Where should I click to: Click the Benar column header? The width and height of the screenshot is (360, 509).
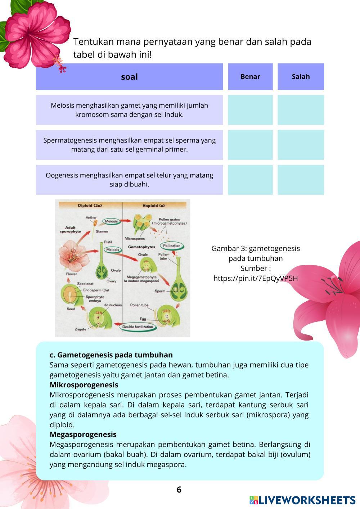click(x=250, y=77)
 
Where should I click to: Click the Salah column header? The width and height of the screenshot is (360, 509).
click(x=301, y=77)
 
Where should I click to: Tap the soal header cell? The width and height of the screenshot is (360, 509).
click(x=129, y=77)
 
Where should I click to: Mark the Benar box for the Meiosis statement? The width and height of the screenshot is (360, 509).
click(x=250, y=110)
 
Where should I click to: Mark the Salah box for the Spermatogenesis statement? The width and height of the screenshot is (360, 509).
click(x=301, y=145)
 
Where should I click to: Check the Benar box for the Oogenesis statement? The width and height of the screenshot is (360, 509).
click(x=250, y=180)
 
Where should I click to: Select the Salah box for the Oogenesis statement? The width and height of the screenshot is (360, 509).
click(x=301, y=180)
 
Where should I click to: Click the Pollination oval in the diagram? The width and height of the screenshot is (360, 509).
click(x=172, y=246)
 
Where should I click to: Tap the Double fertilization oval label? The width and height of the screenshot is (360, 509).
click(x=137, y=327)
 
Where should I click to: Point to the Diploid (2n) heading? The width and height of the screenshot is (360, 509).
click(x=90, y=206)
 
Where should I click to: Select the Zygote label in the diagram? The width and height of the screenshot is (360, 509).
click(x=80, y=329)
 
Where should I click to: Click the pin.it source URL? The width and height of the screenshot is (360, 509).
click(x=255, y=278)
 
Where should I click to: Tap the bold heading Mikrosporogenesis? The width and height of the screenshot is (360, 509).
click(x=84, y=385)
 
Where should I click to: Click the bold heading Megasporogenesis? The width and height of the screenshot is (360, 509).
click(x=83, y=434)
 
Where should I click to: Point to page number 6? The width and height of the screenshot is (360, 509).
click(x=179, y=490)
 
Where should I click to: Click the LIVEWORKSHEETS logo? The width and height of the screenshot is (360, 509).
click(x=302, y=500)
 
